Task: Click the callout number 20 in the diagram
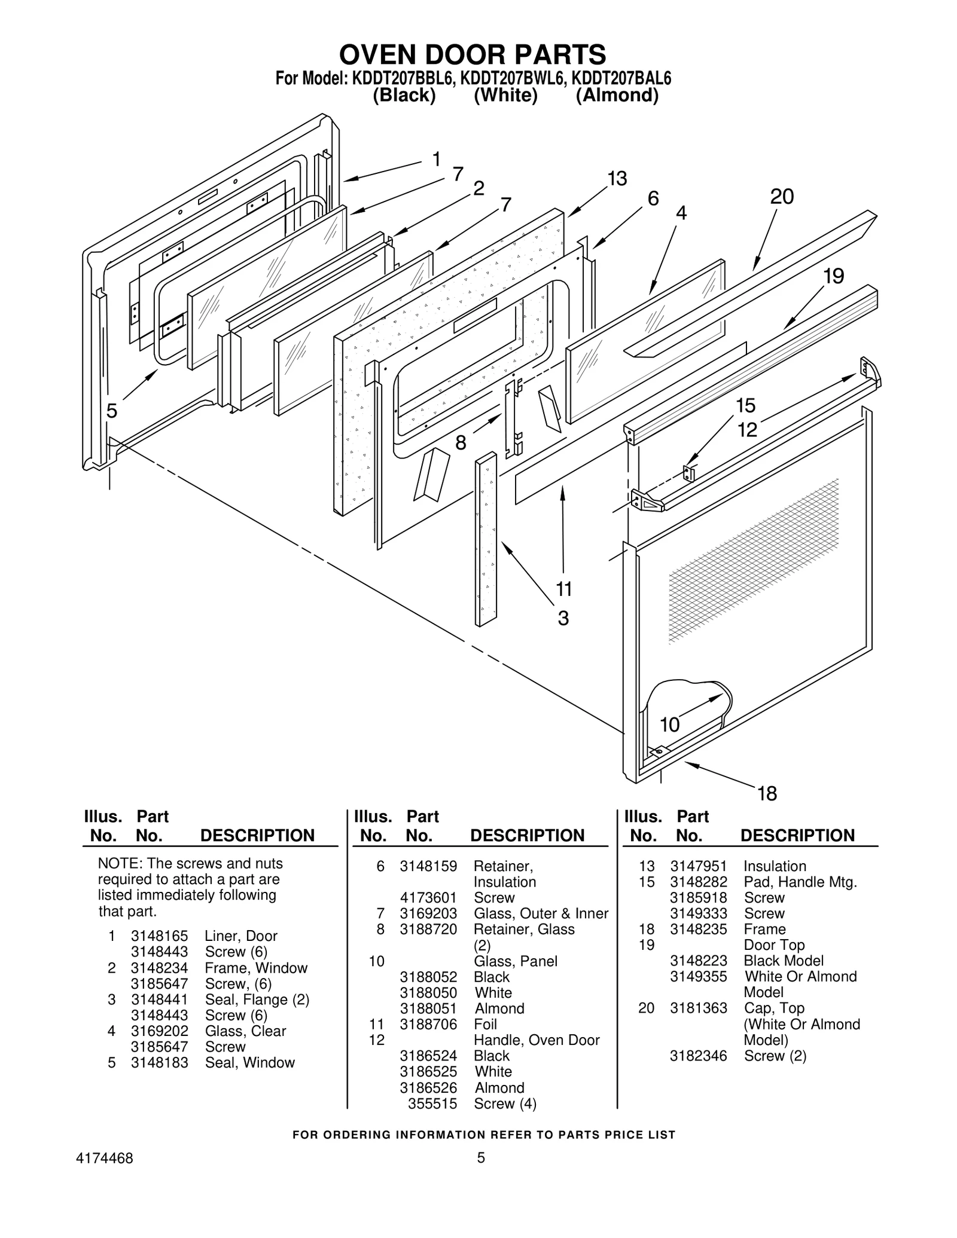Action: tap(782, 197)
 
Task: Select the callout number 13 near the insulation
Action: tap(617, 178)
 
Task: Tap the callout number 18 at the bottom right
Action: tap(767, 793)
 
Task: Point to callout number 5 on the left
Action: tap(111, 411)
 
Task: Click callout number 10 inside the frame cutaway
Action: tap(670, 725)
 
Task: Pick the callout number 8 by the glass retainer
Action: tap(461, 443)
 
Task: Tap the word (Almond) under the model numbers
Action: tap(617, 96)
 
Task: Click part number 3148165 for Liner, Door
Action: tap(159, 936)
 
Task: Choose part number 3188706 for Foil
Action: tap(428, 1024)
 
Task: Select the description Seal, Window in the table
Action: tap(249, 1062)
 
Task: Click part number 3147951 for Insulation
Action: tap(698, 866)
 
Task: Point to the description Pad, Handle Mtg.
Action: tap(800, 882)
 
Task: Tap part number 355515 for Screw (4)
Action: tap(432, 1103)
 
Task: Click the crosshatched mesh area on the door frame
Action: tap(754, 562)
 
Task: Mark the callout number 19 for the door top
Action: tap(833, 276)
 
